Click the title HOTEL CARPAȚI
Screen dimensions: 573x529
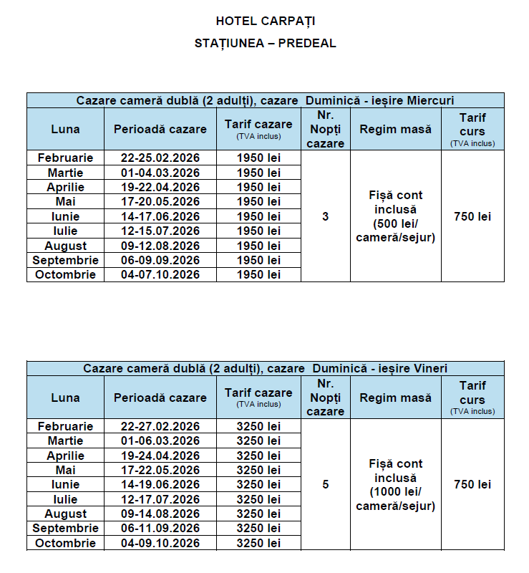pos(265,20)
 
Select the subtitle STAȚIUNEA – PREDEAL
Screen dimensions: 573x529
pos(265,43)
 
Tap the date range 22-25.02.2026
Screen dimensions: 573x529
pos(160,158)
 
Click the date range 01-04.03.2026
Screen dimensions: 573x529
pos(160,173)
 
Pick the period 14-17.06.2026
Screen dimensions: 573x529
pos(160,216)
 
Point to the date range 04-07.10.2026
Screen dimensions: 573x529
pos(160,274)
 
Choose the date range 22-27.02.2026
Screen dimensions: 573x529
pos(160,426)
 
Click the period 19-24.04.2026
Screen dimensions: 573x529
pos(160,456)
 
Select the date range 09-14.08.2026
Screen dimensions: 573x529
pos(160,514)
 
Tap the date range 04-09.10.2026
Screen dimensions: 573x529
pos(160,543)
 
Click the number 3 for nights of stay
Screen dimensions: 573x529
pos(326,216)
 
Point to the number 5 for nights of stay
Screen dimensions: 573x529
pos(326,485)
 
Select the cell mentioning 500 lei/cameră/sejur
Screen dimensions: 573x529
pos(396,216)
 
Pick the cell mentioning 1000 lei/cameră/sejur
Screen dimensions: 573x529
pos(396,485)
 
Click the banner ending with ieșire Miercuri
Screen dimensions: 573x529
pos(265,100)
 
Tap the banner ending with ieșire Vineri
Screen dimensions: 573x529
pos(265,368)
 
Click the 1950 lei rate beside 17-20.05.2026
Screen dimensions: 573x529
pos(258,202)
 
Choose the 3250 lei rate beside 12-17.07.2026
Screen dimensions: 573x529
pos(258,499)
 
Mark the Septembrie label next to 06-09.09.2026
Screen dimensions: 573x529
pos(65,260)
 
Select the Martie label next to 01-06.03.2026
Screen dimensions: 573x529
pos(65,440)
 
